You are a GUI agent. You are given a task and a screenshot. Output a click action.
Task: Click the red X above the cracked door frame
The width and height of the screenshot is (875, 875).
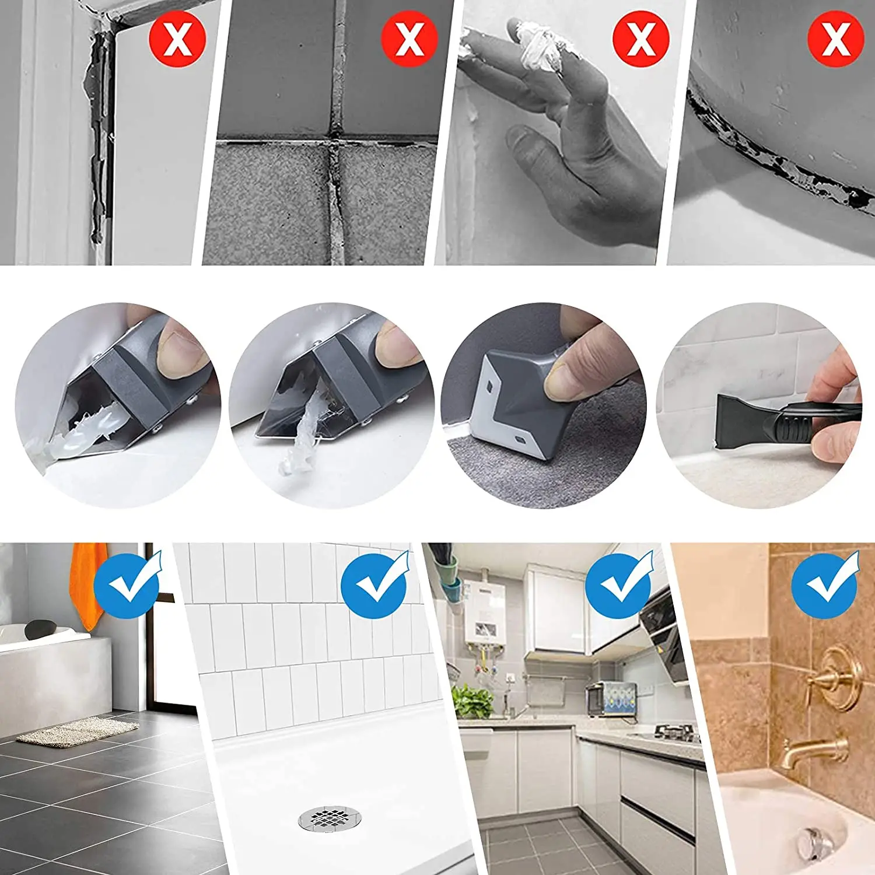point(178,38)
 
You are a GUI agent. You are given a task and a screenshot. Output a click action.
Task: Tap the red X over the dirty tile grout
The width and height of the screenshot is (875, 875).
point(410,38)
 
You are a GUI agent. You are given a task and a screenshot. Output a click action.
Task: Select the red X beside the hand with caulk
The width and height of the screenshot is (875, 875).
point(640,38)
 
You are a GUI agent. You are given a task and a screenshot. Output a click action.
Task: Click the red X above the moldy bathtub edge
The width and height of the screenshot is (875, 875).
point(835,38)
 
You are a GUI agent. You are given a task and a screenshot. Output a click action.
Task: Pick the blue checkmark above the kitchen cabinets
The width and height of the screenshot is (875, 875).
point(618,585)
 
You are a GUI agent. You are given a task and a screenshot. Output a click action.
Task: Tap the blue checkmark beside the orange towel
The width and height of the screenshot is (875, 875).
point(127,585)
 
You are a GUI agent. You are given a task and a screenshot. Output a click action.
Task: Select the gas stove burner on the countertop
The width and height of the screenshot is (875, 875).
point(677,732)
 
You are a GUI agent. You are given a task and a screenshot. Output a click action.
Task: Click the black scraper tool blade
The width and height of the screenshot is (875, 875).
point(741,417)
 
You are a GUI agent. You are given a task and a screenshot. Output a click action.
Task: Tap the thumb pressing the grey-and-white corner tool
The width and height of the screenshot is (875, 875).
point(569,379)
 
